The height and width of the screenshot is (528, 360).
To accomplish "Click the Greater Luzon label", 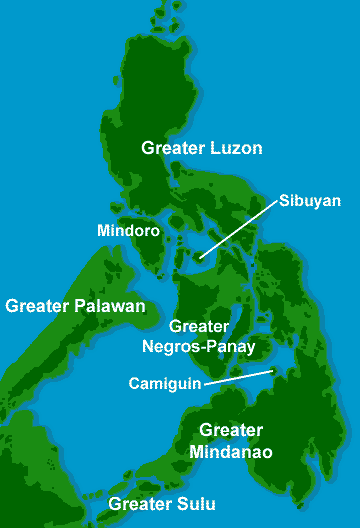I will tap(201, 148).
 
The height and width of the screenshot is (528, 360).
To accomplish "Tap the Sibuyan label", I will tap(310, 200).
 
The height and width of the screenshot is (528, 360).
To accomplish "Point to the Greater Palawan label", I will tap(75, 305).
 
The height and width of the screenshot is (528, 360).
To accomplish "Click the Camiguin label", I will tap(165, 382).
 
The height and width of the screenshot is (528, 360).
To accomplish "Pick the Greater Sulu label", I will tap(162, 504).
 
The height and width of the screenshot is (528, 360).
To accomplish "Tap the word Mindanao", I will tap(235, 451).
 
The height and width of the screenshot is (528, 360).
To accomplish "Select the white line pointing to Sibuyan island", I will tap(238, 231).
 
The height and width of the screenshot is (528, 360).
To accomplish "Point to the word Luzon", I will tap(236, 148).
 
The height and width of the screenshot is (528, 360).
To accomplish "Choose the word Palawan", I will tap(110, 305).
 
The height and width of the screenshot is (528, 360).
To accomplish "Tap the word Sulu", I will tap(196, 504).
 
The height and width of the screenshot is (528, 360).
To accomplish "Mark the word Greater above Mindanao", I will tap(230, 431).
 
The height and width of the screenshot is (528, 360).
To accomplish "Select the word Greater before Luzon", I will tap(171, 148).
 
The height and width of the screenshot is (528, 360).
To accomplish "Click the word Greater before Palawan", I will tap(37, 305).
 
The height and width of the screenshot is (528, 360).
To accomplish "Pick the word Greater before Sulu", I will tap(141, 504).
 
